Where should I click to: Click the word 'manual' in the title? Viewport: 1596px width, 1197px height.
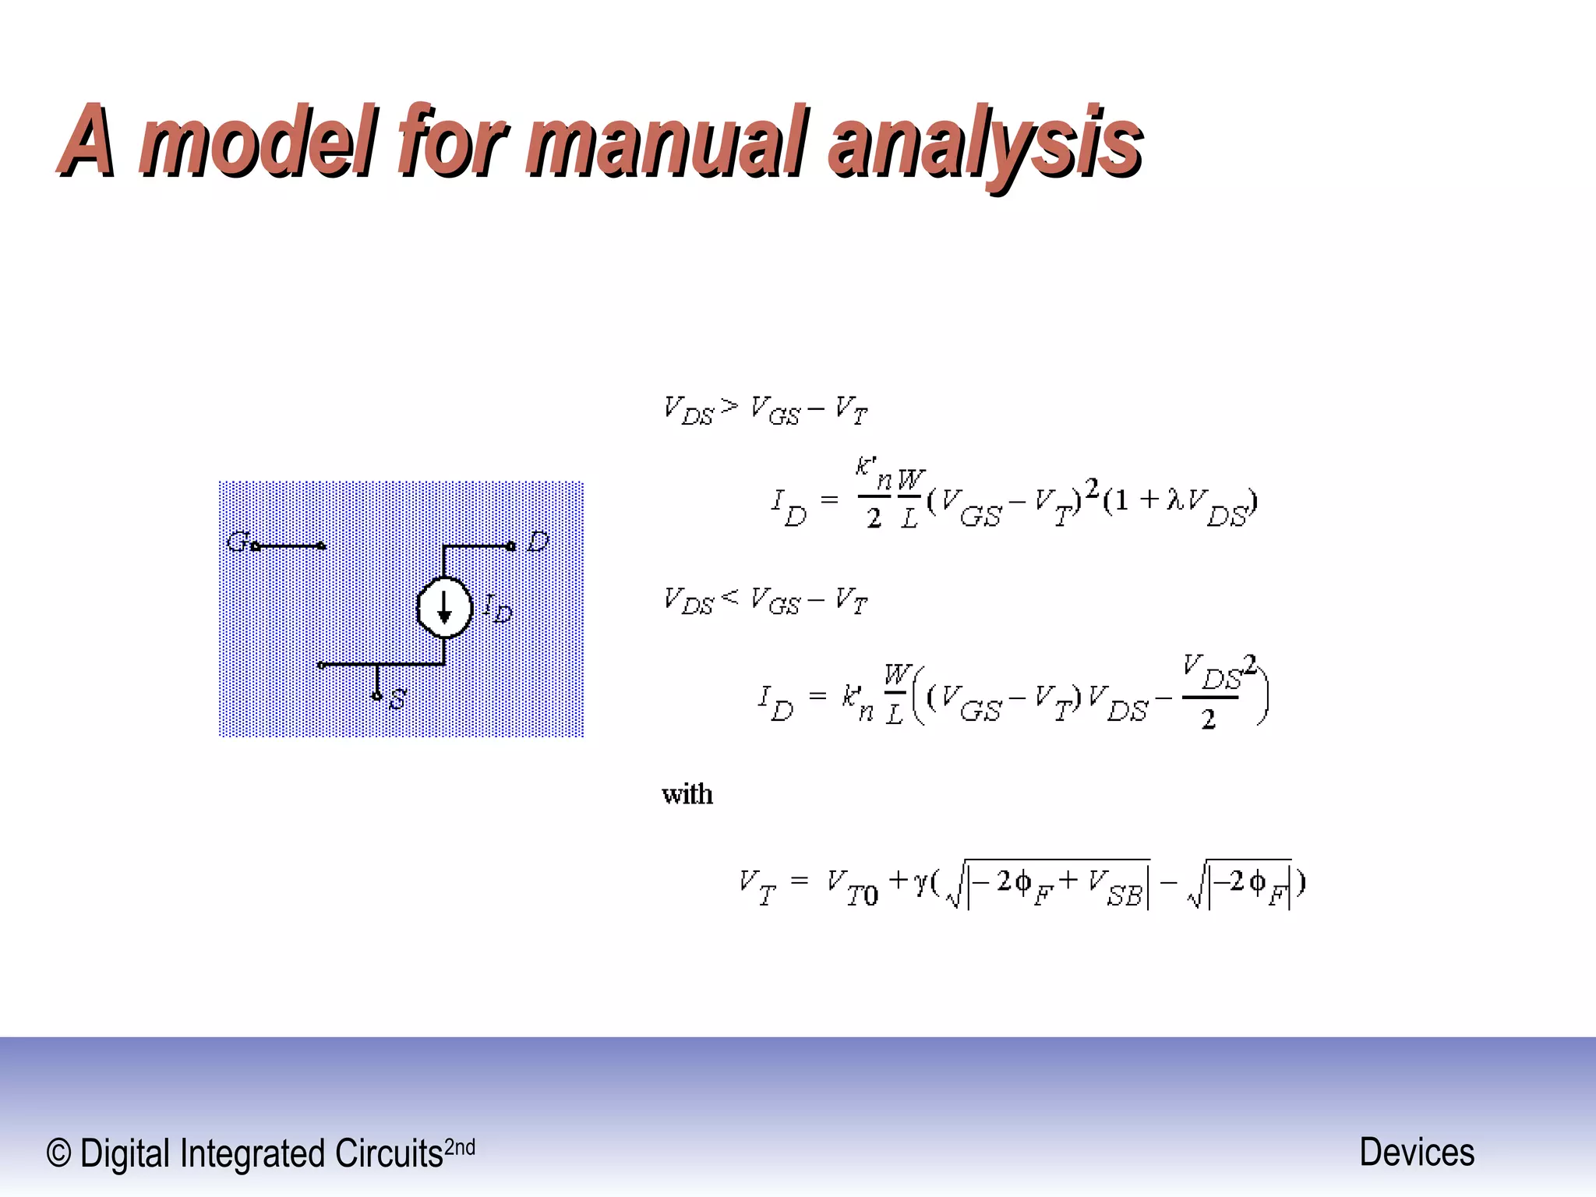[x=666, y=140]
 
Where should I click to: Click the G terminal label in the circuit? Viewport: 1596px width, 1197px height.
[x=236, y=541]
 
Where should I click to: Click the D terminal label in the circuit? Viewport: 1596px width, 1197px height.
[x=538, y=541]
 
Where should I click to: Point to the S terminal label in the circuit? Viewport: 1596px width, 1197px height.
[x=397, y=699]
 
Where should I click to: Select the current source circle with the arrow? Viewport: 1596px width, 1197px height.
[x=444, y=608]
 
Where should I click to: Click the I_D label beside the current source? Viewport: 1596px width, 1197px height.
[x=497, y=608]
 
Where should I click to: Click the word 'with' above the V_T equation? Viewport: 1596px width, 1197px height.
[x=687, y=795]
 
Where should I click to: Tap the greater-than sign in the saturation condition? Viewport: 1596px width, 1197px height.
[x=729, y=406]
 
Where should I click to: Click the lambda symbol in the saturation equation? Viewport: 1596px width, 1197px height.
[x=1174, y=499]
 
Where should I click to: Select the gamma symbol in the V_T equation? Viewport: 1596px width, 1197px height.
[x=920, y=881]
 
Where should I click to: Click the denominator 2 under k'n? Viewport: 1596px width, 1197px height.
[x=874, y=518]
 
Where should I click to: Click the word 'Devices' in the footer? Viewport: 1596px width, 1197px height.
[x=1416, y=1152]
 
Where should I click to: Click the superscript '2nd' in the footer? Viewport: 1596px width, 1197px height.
[x=459, y=1147]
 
